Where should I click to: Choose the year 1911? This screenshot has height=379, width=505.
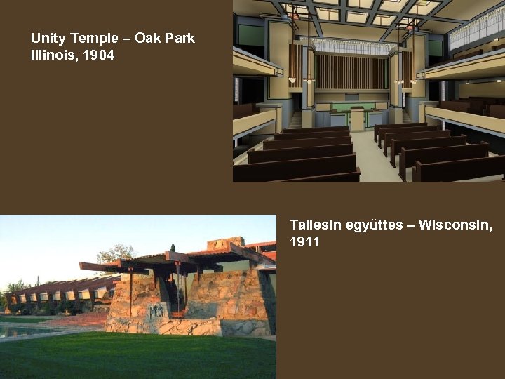(x=304, y=242)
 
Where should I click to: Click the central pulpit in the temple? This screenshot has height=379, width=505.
(x=357, y=119)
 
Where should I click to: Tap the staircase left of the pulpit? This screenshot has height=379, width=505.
(x=296, y=120)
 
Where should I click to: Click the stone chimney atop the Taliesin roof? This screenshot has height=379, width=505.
(x=225, y=243)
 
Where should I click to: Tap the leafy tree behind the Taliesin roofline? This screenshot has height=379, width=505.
(x=116, y=253)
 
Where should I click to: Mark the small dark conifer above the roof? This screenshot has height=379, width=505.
(x=173, y=248)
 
